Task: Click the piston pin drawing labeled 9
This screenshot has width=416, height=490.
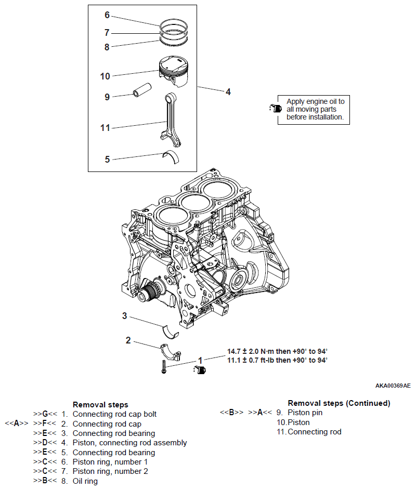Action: coord(142,90)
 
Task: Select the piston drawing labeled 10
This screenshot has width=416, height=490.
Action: coord(174,71)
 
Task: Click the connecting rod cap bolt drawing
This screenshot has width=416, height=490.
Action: coord(164,366)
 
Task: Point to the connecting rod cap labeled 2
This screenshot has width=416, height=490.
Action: coord(171,352)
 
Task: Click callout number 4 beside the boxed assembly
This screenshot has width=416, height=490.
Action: coord(228,92)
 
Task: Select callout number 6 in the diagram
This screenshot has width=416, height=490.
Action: coord(107,15)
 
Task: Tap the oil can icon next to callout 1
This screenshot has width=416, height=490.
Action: coord(199,369)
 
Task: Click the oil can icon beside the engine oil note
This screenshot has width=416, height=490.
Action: coord(275,108)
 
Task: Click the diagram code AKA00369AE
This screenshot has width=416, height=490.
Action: coord(393,386)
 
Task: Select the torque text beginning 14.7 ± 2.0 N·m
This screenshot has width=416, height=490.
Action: coord(277,351)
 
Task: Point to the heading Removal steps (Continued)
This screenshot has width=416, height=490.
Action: coord(339,403)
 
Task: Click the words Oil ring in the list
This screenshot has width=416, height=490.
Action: coord(85,481)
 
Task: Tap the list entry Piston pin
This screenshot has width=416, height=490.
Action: coord(305,413)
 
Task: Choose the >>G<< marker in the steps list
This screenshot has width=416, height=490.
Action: coord(45,414)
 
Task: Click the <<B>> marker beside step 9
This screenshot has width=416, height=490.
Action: coord(231,413)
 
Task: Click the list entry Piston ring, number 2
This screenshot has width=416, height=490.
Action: coord(110,471)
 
